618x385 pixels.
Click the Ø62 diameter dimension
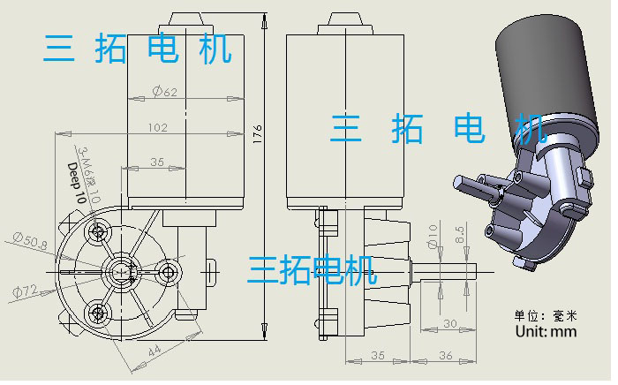[x=165, y=92]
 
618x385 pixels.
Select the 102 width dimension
[x=157, y=128]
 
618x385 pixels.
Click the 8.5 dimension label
[x=460, y=237]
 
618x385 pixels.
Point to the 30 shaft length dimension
[x=449, y=324]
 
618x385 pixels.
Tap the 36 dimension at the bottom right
[x=446, y=356]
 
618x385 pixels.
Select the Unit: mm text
[x=545, y=332]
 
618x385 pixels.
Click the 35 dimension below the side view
[x=377, y=356]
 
